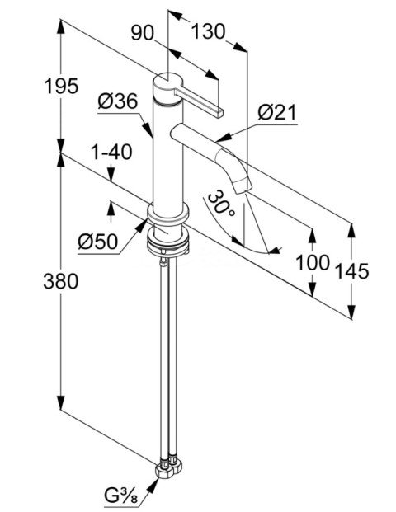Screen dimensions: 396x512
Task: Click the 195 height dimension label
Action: (x=61, y=87)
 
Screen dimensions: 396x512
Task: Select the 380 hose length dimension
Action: (x=61, y=281)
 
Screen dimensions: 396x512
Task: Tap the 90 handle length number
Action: (x=143, y=33)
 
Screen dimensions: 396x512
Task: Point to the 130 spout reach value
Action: (x=208, y=31)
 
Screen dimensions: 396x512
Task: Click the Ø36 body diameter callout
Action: (x=118, y=101)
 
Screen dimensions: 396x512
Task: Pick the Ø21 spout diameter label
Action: (x=277, y=113)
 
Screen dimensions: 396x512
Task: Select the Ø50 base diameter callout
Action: (x=97, y=242)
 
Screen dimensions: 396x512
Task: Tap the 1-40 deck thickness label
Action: (x=111, y=152)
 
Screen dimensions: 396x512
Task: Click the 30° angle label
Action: (x=221, y=204)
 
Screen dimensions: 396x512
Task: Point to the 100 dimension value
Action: (x=313, y=263)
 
